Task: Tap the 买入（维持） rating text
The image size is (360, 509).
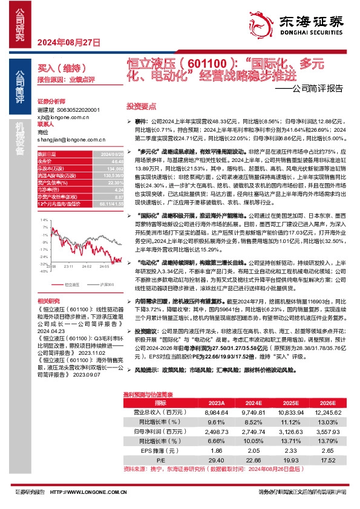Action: pyautogui.click(x=54, y=70)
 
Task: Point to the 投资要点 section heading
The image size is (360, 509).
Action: pyautogui.click(x=140, y=105)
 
